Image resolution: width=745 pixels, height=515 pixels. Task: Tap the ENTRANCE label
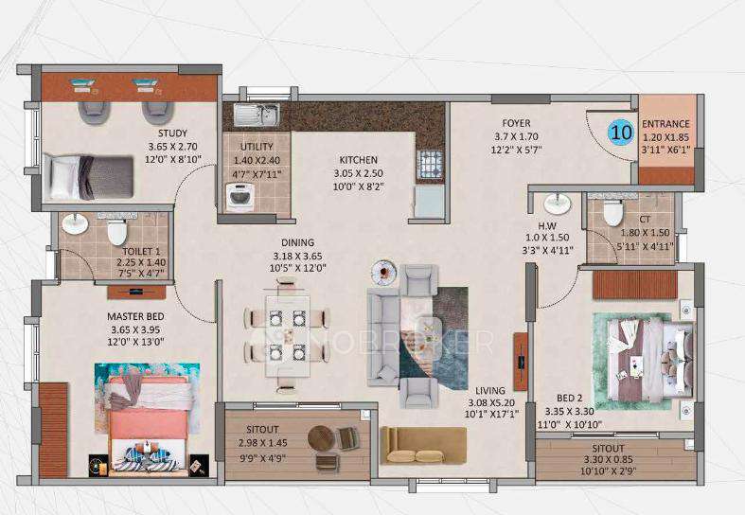[665, 124]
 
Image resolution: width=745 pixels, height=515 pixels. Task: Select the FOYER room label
[516, 123]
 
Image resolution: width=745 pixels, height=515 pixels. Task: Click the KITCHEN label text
[358, 160]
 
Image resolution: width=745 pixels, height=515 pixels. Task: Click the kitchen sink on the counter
[256, 115]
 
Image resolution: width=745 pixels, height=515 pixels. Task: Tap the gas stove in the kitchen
[429, 165]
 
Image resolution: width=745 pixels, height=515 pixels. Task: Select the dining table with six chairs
[286, 335]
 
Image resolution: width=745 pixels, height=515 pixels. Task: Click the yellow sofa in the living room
[423, 444]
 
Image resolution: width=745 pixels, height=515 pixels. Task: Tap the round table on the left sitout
[322, 439]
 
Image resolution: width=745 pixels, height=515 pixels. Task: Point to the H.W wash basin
[557, 203]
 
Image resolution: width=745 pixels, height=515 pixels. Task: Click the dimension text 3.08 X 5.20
[489, 401]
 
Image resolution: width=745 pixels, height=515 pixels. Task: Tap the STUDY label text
[172, 133]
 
